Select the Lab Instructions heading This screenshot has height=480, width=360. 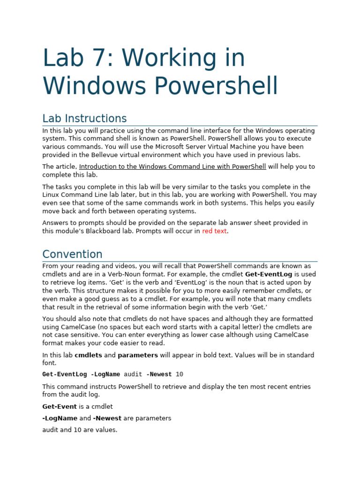84,118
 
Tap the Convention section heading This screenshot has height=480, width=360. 72,254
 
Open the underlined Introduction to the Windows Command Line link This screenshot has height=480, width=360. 172,166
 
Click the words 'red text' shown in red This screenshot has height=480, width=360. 214,231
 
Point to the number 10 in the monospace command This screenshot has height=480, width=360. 180,375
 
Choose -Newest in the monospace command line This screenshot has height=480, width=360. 159,375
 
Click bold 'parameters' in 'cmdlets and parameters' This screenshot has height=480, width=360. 138,355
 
